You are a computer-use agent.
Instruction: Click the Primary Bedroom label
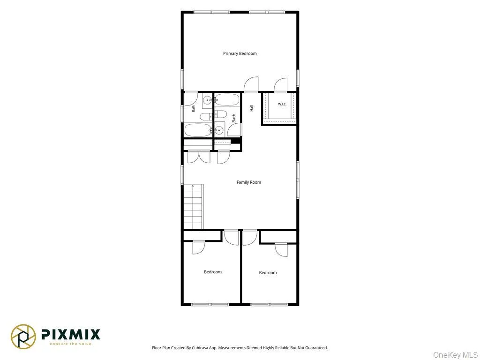tap(240, 53)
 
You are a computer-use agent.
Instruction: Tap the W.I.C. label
tap(282, 105)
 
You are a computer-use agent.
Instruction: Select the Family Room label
tap(249, 182)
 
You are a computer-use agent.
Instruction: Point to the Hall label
tap(251, 108)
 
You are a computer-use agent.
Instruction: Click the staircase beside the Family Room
tap(193, 207)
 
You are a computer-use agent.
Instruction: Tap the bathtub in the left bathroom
tap(198, 130)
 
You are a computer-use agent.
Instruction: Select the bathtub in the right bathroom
tap(227, 100)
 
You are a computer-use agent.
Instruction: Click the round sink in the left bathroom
tap(208, 100)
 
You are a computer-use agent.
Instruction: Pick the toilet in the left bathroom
tap(206, 116)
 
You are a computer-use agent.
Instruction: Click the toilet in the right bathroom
tap(220, 114)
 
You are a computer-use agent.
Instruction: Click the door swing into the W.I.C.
tap(281, 85)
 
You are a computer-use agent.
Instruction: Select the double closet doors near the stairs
tap(199, 157)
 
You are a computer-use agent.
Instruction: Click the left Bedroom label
tap(213, 272)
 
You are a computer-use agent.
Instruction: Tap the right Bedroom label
tap(268, 273)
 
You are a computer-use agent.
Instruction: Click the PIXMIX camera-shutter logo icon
tap(23, 337)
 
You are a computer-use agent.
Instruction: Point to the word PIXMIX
tap(71, 334)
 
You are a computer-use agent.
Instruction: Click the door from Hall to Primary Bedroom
tap(251, 84)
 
